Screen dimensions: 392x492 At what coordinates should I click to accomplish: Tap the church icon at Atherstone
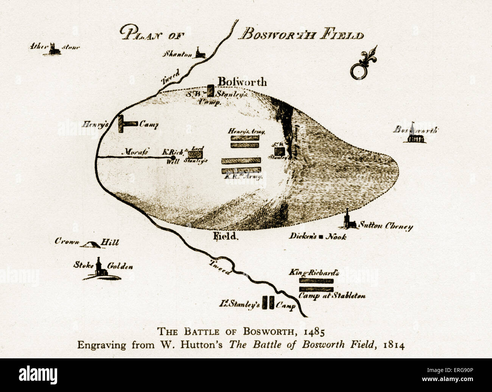click(x=54, y=49)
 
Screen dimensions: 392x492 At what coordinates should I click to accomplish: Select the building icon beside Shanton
click(x=199, y=53)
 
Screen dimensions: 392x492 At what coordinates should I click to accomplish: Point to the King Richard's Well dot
click(x=173, y=158)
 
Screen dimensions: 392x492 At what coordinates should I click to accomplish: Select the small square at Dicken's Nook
click(x=321, y=237)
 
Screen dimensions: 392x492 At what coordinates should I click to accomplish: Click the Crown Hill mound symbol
click(x=90, y=245)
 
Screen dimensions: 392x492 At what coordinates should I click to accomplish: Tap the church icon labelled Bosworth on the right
click(x=415, y=134)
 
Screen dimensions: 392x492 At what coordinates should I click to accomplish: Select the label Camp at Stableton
click(x=332, y=296)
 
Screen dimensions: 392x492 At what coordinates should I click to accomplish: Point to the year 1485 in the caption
click(x=314, y=332)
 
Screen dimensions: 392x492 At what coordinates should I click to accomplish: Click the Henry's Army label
click(x=246, y=132)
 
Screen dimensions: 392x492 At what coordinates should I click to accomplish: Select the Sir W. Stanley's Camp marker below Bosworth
click(x=210, y=91)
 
